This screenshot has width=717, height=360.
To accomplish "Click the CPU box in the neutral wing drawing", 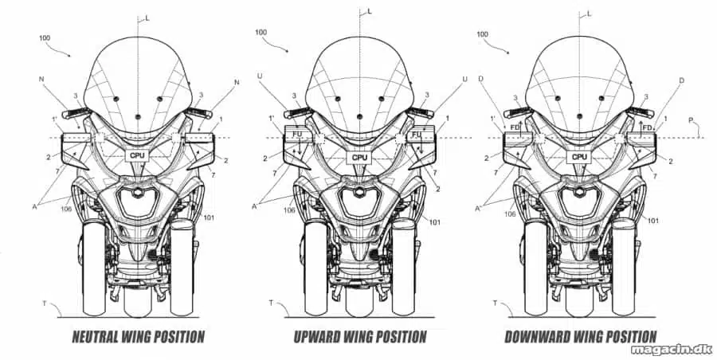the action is pos(137,155).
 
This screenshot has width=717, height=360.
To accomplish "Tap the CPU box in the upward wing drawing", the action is pos(359,158).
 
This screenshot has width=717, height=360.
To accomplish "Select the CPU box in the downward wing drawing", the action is pos(579,157).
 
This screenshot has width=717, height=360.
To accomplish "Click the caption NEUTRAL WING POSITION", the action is pos(138,337).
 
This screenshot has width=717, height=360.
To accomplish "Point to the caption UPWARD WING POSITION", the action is pos(360,337).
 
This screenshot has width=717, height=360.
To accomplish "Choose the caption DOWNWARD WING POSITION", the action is pos(580,337).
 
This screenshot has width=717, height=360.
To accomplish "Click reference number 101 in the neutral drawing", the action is pos(209,217).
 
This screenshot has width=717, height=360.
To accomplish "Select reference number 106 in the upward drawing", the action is pos(289,210).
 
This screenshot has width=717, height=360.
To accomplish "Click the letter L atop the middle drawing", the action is pos(370,11).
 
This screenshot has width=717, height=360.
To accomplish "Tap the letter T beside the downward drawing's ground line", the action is pos(495,303).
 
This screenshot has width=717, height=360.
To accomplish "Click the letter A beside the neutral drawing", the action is pos(34,206).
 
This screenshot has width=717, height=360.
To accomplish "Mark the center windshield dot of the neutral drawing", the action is pos(137,116).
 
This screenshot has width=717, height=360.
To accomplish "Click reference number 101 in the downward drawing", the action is pos(653,221).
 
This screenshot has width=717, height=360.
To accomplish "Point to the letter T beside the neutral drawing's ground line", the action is pos(45,303).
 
